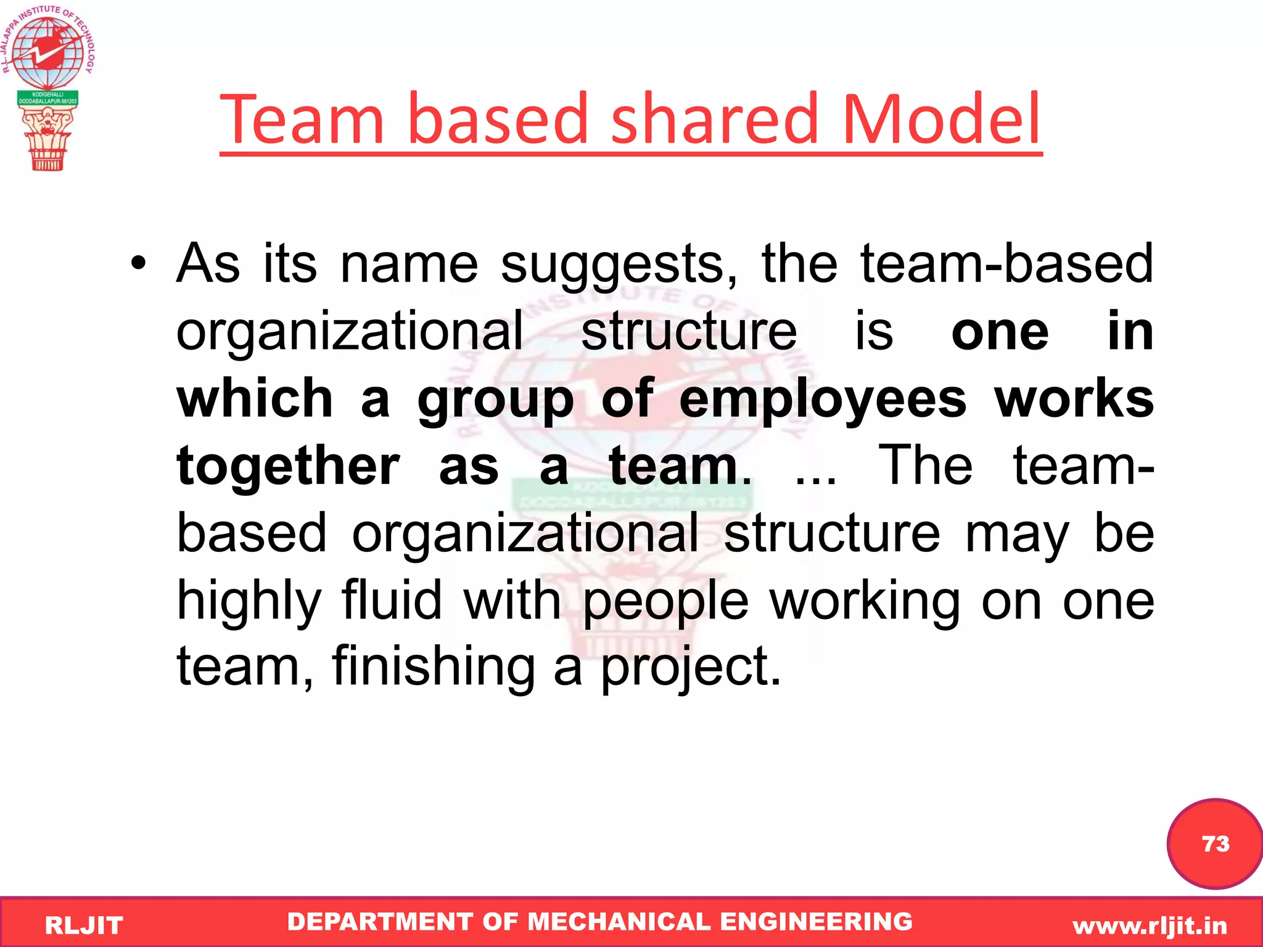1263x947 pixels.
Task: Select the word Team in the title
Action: [x=302, y=118]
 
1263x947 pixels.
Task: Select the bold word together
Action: [x=289, y=467]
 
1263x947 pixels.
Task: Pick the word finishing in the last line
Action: [x=434, y=666]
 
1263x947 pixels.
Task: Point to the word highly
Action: [x=249, y=602]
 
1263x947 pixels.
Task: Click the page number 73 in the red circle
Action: [x=1216, y=843]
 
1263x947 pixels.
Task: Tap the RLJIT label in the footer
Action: [x=84, y=925]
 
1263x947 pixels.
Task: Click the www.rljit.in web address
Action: [x=1150, y=925]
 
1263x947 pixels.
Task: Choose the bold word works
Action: [x=1074, y=400]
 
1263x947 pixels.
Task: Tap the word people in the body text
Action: [x=665, y=602]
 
